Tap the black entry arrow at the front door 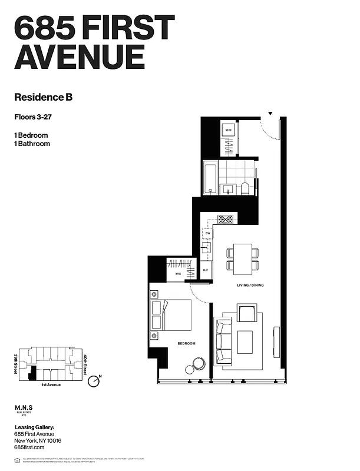coord(270,113)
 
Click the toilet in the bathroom coord(245,188)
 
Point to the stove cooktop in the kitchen coord(226,219)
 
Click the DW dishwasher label coord(207,234)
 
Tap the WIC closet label coord(177,274)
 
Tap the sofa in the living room coord(223,341)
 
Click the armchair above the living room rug coord(246,313)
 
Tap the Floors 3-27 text coord(33,117)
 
